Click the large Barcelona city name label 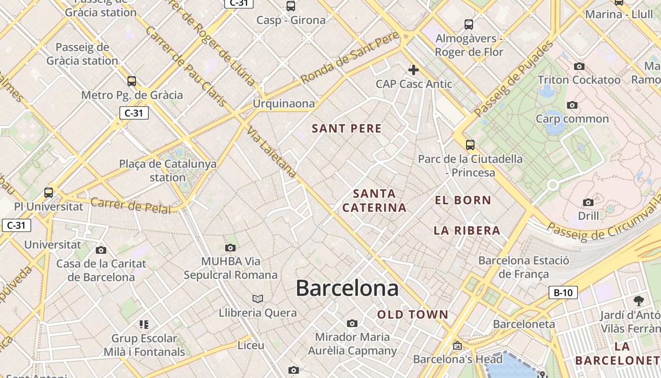pyautogui.click(x=347, y=288)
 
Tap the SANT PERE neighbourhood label pyautogui.click(x=347, y=129)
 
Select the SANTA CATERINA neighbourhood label pyautogui.click(x=374, y=200)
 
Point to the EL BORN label pyautogui.click(x=463, y=200)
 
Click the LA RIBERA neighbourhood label pyautogui.click(x=467, y=231)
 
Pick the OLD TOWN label pyautogui.click(x=413, y=314)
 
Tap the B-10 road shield pyautogui.click(x=563, y=292)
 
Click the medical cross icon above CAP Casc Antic pyautogui.click(x=414, y=70)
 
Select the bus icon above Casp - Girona pyautogui.click(x=291, y=6)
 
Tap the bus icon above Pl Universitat pyautogui.click(x=49, y=193)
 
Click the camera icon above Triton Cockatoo pyautogui.click(x=579, y=66)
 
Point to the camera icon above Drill pyautogui.click(x=588, y=202)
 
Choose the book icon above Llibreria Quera pyautogui.click(x=257, y=299)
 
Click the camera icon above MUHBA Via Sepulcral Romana pyautogui.click(x=230, y=248)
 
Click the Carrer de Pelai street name pyautogui.click(x=130, y=206)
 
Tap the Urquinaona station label pyautogui.click(x=283, y=103)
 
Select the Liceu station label pyautogui.click(x=251, y=345)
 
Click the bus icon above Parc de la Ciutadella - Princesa pyautogui.click(x=470, y=145)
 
